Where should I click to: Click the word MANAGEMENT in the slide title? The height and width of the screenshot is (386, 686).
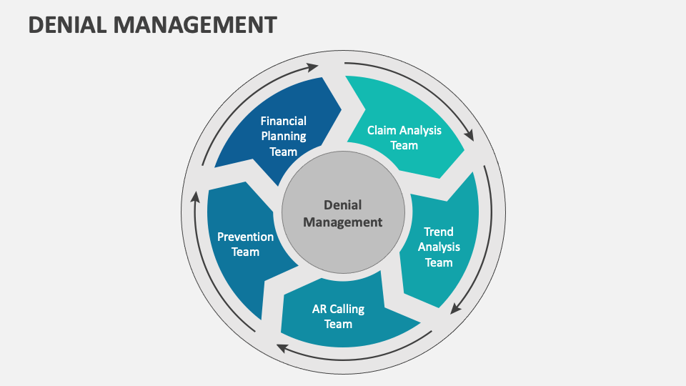point(195,25)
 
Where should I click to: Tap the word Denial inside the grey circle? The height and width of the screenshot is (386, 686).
point(342,205)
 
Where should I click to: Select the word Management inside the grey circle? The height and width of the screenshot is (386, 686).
point(342,222)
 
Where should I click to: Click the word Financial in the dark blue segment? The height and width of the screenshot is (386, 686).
point(283,121)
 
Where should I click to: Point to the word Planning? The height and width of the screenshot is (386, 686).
point(283,136)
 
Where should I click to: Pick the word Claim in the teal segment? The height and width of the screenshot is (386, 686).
point(382,130)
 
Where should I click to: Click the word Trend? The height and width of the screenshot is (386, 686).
point(439,232)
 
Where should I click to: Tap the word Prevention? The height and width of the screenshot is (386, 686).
point(245,237)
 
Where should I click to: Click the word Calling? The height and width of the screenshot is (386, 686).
point(347,309)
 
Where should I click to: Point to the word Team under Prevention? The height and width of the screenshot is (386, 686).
point(245,252)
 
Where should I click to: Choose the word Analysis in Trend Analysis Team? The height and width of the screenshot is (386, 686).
point(439,247)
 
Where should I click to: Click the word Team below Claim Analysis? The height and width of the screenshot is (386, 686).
point(404,145)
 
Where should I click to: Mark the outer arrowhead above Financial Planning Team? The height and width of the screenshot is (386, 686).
point(313,68)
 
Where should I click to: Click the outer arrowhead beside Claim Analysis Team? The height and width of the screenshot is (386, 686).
point(469,134)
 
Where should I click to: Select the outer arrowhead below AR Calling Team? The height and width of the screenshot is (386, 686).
point(282,348)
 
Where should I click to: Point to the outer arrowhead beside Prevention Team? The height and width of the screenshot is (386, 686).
point(195,197)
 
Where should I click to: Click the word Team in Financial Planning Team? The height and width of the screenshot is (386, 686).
point(283,151)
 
